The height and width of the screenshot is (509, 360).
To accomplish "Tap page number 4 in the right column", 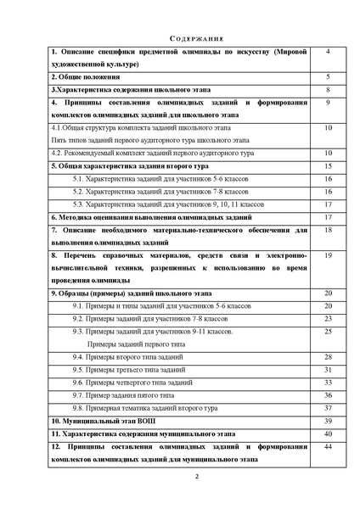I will coord(328,52).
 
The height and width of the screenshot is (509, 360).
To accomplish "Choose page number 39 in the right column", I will coord(328,420).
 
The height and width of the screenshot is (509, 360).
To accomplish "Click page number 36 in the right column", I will coord(328,394).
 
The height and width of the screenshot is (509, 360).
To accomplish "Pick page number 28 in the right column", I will coord(328,356).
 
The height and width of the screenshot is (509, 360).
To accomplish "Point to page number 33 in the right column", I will coord(328,382).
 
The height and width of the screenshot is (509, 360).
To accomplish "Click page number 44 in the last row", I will coord(328,446).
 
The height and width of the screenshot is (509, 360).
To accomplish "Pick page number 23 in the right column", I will coord(328,317).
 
